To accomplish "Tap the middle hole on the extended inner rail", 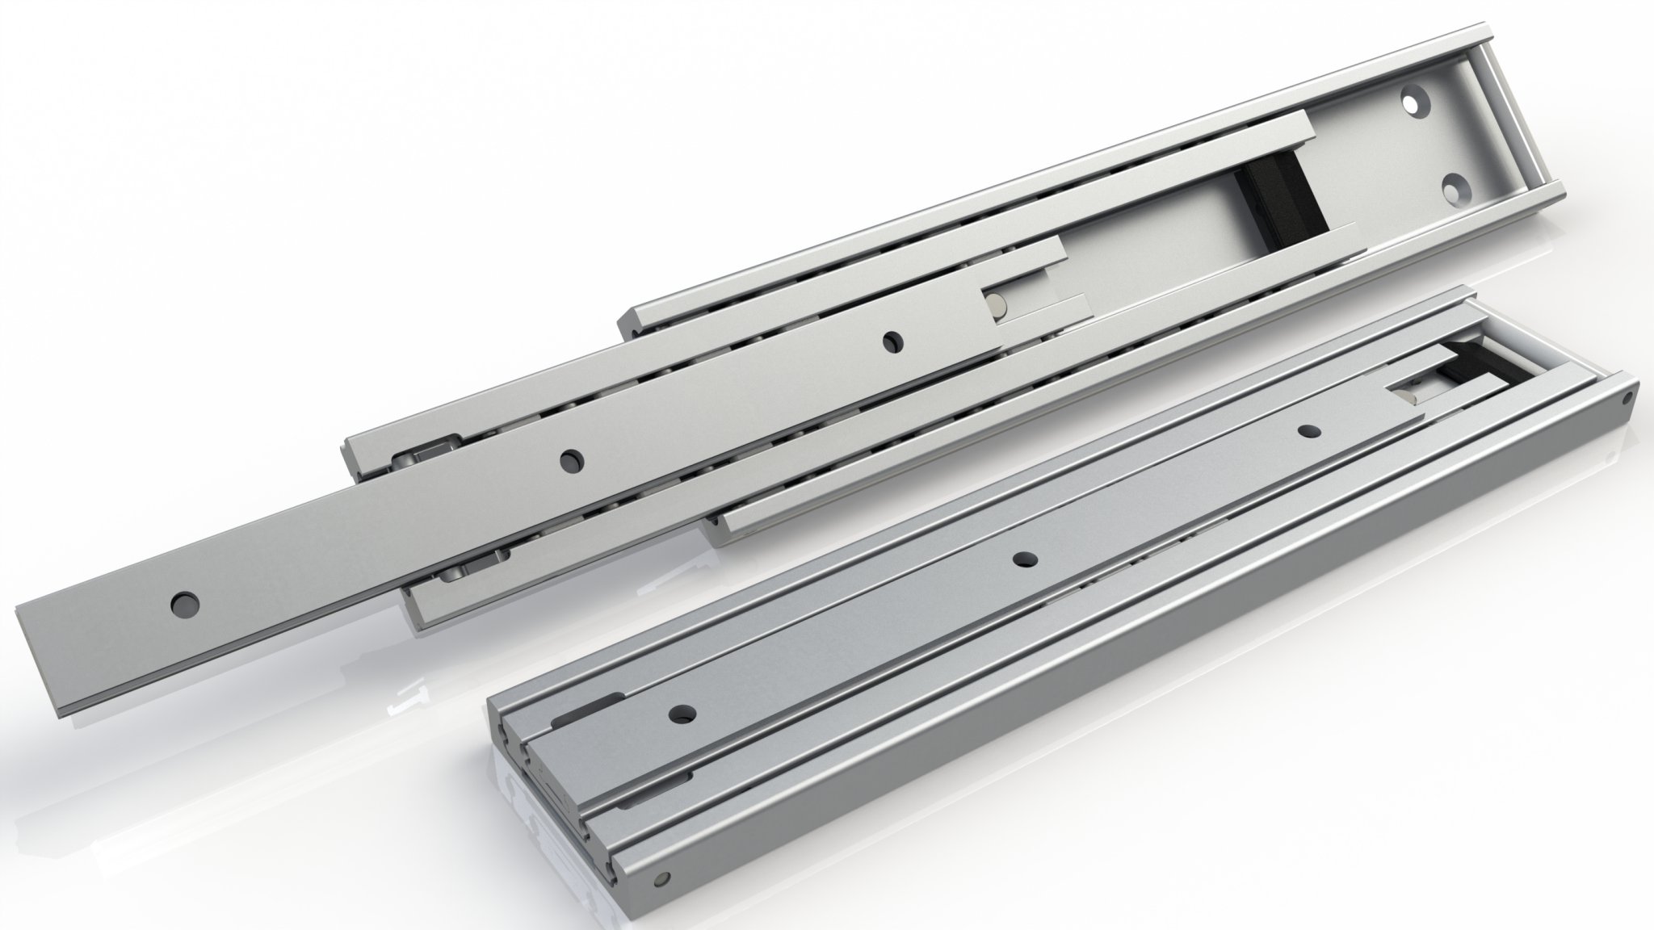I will tap(572, 460).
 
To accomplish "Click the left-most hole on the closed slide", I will tap(685, 713).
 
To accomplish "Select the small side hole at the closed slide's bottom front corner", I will tap(665, 878).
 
